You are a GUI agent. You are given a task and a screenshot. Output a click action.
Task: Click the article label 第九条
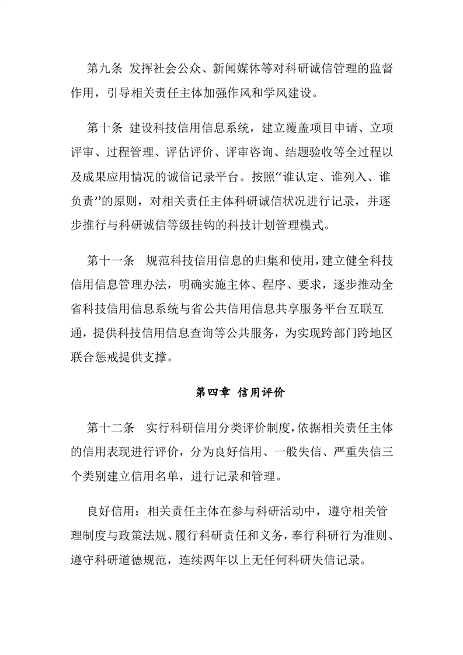point(105,68)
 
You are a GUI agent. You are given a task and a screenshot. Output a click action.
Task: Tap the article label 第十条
point(105,128)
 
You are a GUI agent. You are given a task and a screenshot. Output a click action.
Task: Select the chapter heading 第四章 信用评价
point(239,393)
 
